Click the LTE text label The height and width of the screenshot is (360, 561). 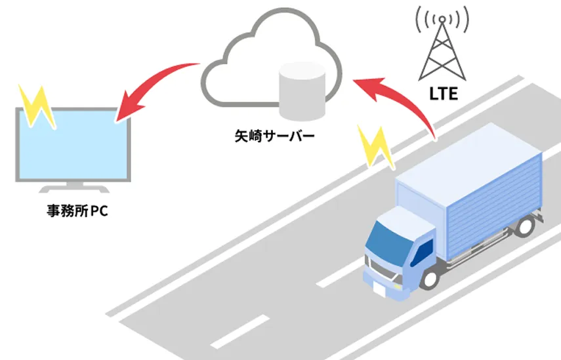click(444, 94)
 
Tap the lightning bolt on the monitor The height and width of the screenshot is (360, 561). click(37, 105)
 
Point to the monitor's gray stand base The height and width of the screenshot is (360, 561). click(72, 189)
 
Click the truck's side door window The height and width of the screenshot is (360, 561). click(425, 250)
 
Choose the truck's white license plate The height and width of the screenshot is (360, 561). click(379, 288)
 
